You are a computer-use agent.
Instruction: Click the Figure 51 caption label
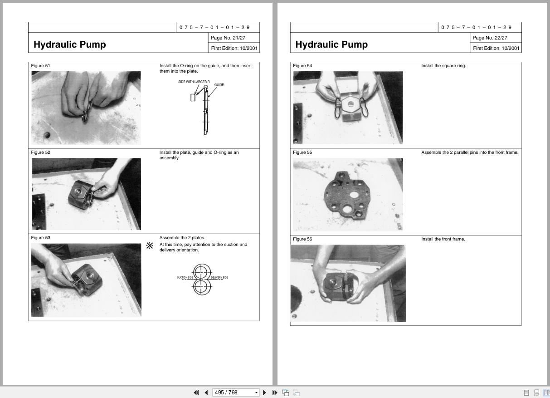coord(40,66)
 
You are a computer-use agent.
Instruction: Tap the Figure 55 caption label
coord(302,152)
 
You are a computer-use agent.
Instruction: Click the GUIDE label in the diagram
coord(219,85)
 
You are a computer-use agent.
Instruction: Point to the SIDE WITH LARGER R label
coord(194,82)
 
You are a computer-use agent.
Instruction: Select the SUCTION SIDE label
coord(185,277)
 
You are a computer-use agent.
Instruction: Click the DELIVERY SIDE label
coord(219,277)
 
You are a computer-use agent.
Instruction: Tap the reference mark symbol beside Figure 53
coord(150,246)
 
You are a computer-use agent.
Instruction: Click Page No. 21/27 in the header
coord(228,38)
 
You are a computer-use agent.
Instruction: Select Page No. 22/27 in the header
coord(490,38)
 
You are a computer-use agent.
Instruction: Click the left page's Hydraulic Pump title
coord(70,44)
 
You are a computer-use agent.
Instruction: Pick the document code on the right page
coord(476,27)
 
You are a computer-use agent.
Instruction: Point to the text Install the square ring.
coord(443,66)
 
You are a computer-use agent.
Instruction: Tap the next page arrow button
coord(265,393)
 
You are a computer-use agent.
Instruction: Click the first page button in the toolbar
coord(196,393)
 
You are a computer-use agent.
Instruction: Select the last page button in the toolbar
coord(275,393)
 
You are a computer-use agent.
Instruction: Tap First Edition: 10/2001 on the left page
coord(234,48)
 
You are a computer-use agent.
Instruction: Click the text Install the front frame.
coord(443,239)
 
